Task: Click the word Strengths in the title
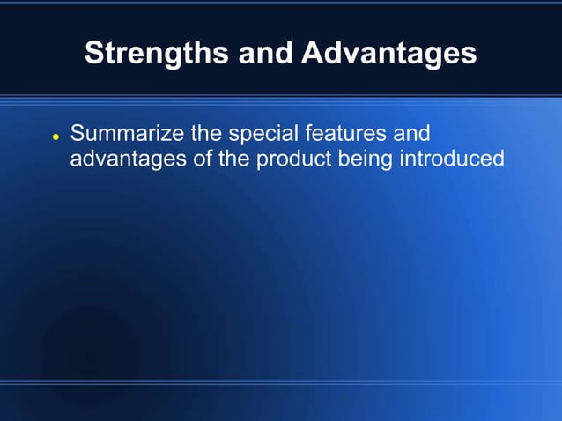point(156,54)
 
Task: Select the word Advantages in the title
point(388,54)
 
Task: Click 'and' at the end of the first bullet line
point(412,135)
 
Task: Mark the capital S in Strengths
point(93,54)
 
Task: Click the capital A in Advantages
point(311,54)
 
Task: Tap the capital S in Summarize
point(78,135)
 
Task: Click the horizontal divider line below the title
point(281,95)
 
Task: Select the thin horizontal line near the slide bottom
point(281,382)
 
